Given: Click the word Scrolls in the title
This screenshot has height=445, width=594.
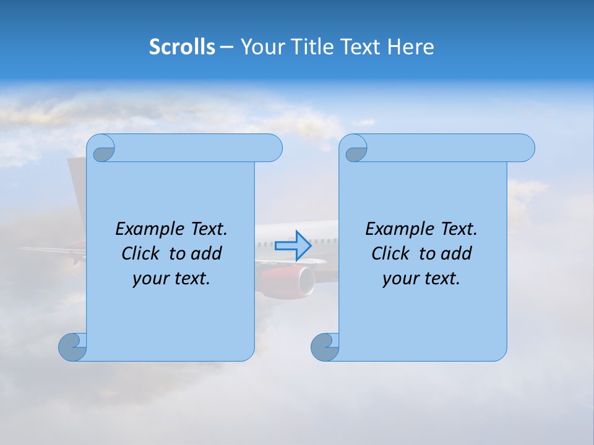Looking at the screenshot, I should [182, 46].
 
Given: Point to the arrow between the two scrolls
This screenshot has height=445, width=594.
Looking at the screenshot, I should [293, 245].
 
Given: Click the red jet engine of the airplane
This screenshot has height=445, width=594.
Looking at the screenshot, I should [288, 280].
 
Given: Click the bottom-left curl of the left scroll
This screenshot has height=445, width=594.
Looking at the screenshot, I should [72, 346].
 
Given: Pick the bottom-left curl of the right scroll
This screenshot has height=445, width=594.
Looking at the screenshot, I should [324, 346].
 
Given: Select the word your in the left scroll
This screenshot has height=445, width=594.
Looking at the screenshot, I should [149, 279].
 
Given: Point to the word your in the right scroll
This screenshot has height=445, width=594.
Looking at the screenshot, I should [399, 279].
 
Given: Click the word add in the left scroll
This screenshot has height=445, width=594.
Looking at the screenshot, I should [207, 253].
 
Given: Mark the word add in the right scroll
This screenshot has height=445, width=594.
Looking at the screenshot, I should [457, 253].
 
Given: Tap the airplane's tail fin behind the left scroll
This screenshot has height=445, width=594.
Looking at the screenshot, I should [77, 185].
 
